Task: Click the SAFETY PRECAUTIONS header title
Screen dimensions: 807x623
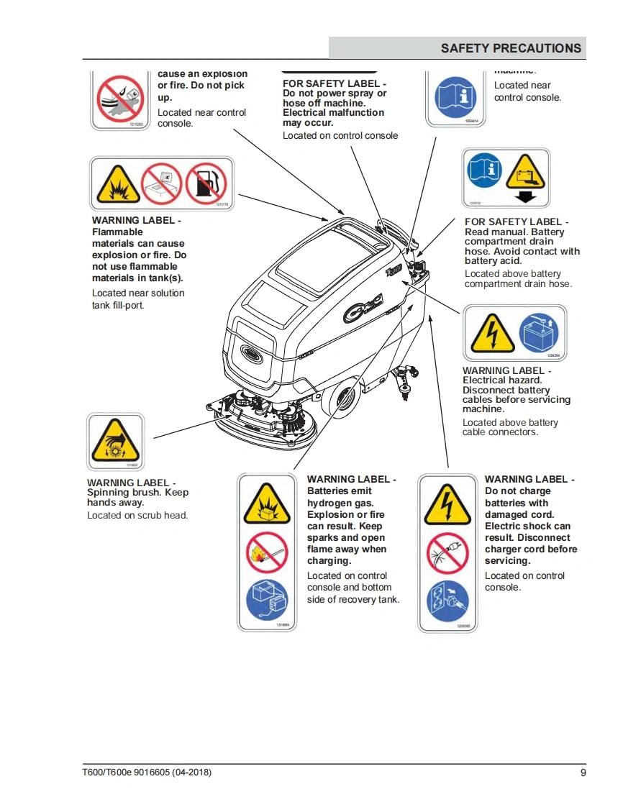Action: [511, 48]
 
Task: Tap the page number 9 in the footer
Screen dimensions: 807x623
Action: [583, 772]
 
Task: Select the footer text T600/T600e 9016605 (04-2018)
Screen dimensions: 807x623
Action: [147, 772]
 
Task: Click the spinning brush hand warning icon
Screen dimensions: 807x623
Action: [114, 442]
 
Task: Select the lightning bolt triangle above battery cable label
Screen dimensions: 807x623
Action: [492, 334]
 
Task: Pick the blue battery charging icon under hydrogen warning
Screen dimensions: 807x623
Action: [266, 601]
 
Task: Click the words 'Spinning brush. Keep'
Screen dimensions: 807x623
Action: [137, 493]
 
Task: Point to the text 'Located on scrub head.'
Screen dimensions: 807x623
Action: [137, 516]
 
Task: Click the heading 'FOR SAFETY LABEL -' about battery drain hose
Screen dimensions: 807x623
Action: [517, 222]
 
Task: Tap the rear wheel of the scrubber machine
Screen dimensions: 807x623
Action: [344, 397]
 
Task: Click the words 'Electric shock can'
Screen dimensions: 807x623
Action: [527, 526]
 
